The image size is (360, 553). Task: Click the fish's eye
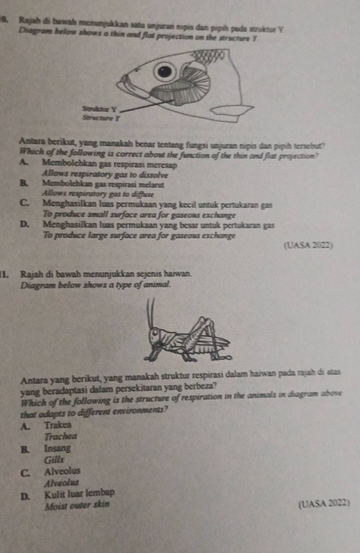pos(164,72)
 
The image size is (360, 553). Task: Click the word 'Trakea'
pos(58,424)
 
